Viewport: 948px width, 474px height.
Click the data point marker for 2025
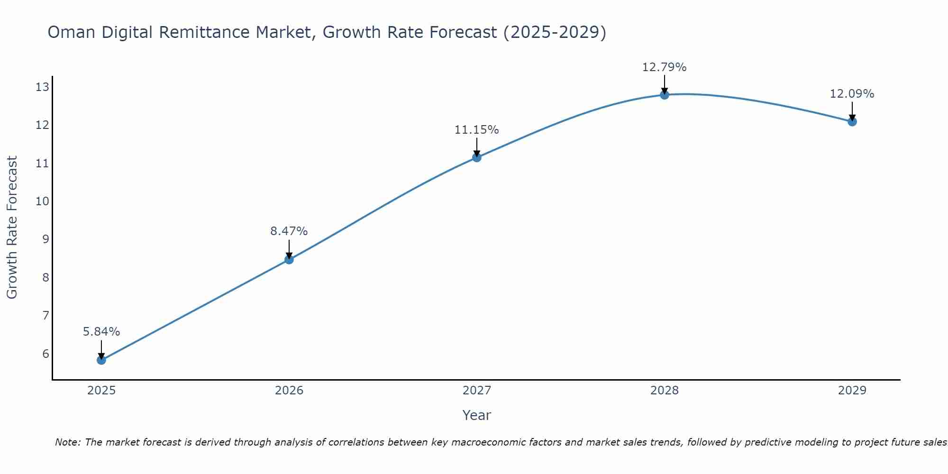pyautogui.click(x=101, y=360)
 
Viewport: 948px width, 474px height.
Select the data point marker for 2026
pyautogui.click(x=289, y=259)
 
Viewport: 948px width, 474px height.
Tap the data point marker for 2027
pyautogui.click(x=477, y=157)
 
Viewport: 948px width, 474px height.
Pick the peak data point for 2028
pyautogui.click(x=665, y=95)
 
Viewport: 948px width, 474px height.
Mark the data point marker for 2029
pyautogui.click(x=852, y=122)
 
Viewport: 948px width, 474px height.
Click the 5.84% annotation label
pyautogui.click(x=101, y=332)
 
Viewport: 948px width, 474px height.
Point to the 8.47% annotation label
pyautogui.click(x=289, y=231)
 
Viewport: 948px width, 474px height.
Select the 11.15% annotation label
pyautogui.click(x=477, y=130)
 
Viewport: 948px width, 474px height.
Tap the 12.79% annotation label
pyautogui.click(x=665, y=67)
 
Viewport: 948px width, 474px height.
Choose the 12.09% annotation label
pyautogui.click(x=852, y=94)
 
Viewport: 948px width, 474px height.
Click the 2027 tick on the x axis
pyautogui.click(x=477, y=391)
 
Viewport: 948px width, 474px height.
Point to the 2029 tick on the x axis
pyautogui.click(x=852, y=391)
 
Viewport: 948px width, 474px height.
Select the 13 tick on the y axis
pyautogui.click(x=42, y=87)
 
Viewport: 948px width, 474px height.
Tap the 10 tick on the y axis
pyautogui.click(x=42, y=201)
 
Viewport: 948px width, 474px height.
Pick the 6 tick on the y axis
pyautogui.click(x=46, y=354)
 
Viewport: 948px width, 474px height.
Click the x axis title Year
pyautogui.click(x=477, y=415)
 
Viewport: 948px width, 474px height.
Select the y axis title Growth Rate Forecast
pyautogui.click(x=12, y=228)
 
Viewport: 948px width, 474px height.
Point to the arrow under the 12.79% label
pyautogui.click(x=665, y=84)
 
